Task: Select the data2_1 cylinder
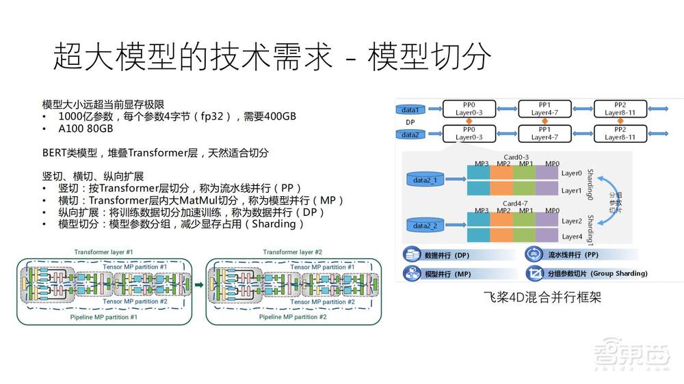pyautogui.click(x=425, y=179)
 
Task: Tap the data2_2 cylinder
pyautogui.click(x=425, y=226)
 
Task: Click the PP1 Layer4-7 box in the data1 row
pyautogui.click(x=544, y=109)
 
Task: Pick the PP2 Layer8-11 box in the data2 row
pyautogui.click(x=620, y=133)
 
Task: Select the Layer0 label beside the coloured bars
pyautogui.click(x=572, y=174)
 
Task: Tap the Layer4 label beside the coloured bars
pyautogui.click(x=572, y=236)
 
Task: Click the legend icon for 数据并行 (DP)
pyautogui.click(x=412, y=254)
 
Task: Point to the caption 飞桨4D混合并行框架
pyautogui.click(x=531, y=298)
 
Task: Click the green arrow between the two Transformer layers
pyautogui.click(x=198, y=284)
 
